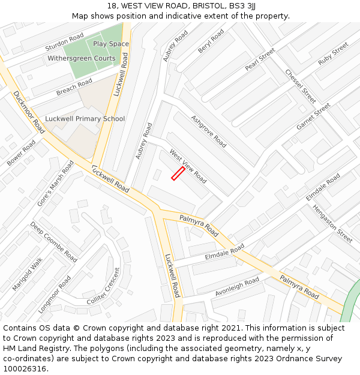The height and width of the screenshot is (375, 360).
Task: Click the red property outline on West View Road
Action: point(178,173)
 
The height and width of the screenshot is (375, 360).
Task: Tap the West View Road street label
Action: point(188,166)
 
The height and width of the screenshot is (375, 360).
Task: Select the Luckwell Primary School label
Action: point(85,119)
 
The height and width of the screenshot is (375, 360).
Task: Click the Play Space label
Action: point(111,44)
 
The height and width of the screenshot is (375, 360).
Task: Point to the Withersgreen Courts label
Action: point(82,59)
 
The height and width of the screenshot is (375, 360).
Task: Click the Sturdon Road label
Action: point(64,43)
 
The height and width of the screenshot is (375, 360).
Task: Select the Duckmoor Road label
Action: point(29,112)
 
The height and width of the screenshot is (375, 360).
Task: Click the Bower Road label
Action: point(22,152)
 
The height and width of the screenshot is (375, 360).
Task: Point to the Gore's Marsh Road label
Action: point(55,184)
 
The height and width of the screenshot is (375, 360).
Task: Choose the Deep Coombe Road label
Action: point(53,242)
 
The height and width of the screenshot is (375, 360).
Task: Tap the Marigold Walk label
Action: point(28,274)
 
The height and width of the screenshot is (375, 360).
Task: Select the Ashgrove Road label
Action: point(209,131)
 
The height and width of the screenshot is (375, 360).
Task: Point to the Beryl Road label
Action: point(211,41)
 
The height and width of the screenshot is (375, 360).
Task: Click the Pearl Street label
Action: point(260,60)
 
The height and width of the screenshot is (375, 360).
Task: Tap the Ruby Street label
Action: point(333,53)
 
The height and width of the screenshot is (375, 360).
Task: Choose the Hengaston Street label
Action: point(332,223)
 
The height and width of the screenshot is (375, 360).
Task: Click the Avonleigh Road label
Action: point(238,287)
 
